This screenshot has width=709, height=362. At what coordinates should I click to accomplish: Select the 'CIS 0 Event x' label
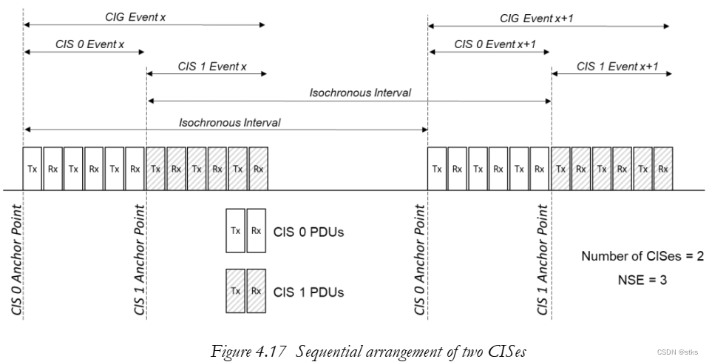pyautogui.click(x=89, y=44)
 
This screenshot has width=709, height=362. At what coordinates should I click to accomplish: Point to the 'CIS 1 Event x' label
pyautogui.click(x=211, y=66)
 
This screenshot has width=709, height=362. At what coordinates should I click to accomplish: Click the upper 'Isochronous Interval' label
pyautogui.click(x=360, y=93)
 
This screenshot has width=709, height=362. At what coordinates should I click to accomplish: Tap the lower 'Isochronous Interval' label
pyautogui.click(x=230, y=122)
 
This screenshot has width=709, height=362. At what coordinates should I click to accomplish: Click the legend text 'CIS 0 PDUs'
pyautogui.click(x=309, y=232)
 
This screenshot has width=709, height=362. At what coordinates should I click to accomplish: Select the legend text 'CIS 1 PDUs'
pyautogui.click(x=309, y=292)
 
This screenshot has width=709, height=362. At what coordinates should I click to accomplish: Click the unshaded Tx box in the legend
pyautogui.click(x=235, y=231)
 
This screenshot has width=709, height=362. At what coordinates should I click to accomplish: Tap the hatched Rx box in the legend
pyautogui.click(x=256, y=291)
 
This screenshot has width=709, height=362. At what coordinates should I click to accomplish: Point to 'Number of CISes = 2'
pyautogui.click(x=642, y=257)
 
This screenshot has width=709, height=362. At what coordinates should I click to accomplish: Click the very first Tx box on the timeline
pyautogui.click(x=33, y=168)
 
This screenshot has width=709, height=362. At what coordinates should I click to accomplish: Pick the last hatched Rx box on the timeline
pyautogui.click(x=663, y=168)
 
